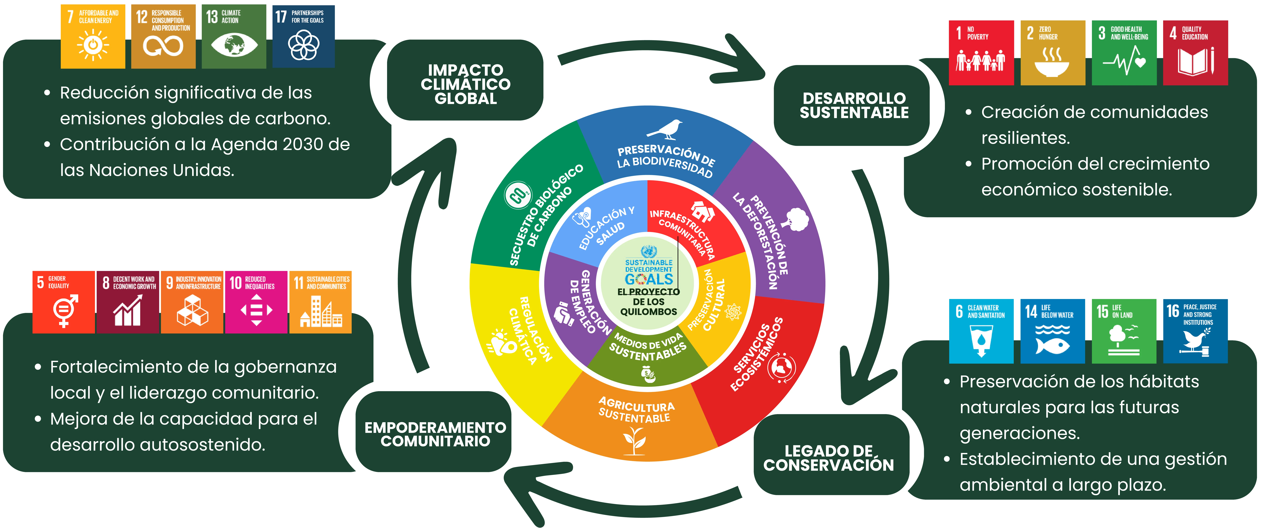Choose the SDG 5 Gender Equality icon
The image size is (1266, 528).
[63, 302]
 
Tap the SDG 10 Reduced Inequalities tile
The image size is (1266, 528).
[256, 302]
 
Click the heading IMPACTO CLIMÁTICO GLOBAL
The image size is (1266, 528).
[465, 84]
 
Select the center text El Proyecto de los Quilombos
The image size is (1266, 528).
[649, 301]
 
